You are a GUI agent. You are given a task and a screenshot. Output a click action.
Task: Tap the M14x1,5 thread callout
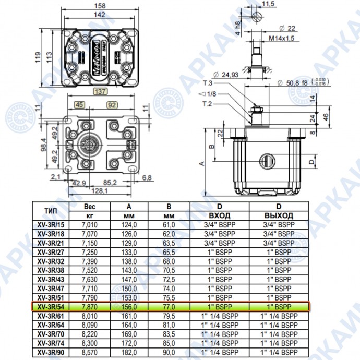tap(281, 38)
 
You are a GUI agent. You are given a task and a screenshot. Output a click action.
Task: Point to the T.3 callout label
tap(207, 83)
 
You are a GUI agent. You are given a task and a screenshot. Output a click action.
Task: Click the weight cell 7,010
tap(90, 224)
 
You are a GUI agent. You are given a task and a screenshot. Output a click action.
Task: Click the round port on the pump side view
tap(266, 161)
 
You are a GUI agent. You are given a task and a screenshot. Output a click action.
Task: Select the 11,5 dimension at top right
tap(268, 4)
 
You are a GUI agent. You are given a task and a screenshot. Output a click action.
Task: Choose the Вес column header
tap(90, 206)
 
